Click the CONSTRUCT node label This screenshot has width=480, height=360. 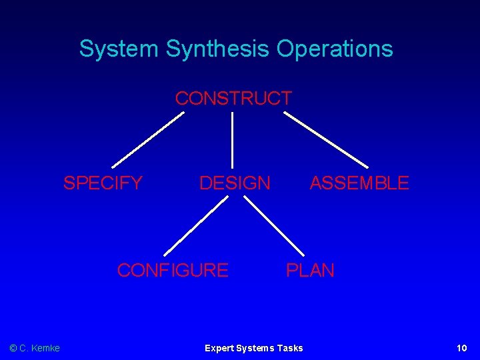click(233, 99)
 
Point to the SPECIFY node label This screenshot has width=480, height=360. click(103, 183)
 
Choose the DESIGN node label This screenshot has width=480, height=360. click(235, 183)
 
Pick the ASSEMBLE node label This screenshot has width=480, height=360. click(359, 183)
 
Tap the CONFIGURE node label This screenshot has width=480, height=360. click(173, 270)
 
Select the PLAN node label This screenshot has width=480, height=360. click(310, 270)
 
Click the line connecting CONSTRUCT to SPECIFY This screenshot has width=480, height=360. click(148, 139)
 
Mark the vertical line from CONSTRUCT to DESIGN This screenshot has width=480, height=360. click(232, 139)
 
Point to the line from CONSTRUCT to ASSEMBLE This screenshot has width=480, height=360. click(326, 139)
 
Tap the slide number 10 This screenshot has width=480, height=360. click(461, 348)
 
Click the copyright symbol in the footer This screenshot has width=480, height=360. click(13, 348)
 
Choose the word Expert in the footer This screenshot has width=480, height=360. click(218, 348)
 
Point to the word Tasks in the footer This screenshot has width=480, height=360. click(289, 348)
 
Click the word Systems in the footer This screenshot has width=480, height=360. click(254, 348)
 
